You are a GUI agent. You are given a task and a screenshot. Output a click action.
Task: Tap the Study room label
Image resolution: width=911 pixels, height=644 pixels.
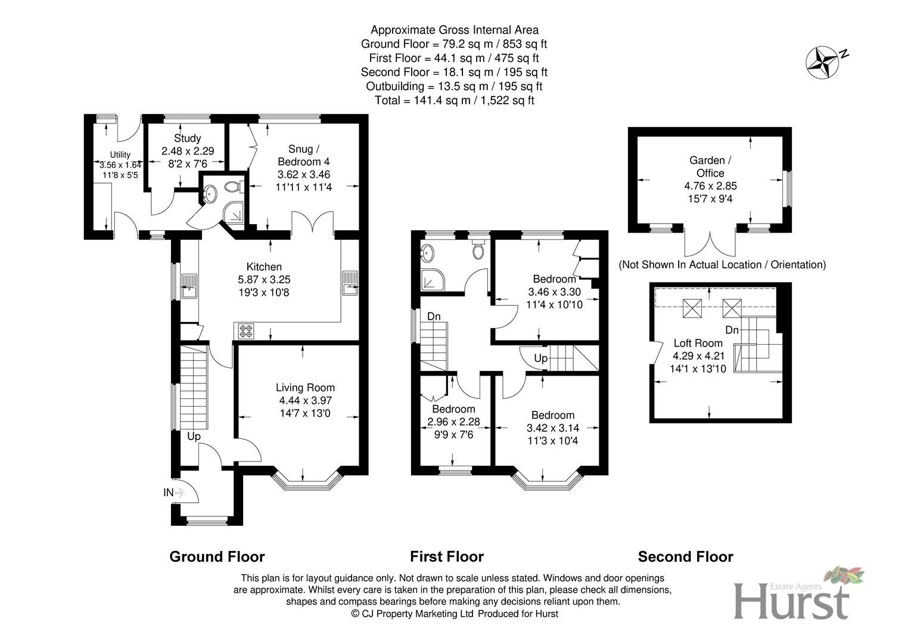click(x=187, y=138)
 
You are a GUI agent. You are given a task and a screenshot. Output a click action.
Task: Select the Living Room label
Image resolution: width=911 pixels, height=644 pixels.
click(x=305, y=388)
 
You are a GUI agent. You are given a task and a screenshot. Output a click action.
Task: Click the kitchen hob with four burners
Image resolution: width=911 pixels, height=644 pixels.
click(x=246, y=331)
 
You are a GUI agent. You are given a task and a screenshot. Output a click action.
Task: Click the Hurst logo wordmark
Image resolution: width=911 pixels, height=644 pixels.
click(x=791, y=601)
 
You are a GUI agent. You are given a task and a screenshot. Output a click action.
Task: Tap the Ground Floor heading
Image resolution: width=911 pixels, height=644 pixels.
click(x=217, y=556)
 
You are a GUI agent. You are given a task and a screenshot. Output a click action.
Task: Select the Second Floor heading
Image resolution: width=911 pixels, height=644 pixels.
click(x=685, y=556)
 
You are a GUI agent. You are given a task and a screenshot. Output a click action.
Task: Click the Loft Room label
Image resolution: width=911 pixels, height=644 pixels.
click(x=698, y=343)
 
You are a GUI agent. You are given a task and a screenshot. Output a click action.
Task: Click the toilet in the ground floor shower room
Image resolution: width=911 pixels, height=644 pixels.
click(x=232, y=187)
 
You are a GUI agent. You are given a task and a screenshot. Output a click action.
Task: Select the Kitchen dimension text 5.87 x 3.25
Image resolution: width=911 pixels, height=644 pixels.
click(x=264, y=280)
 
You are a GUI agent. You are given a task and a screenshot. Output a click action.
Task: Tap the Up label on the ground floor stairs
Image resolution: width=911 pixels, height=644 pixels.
click(x=194, y=436)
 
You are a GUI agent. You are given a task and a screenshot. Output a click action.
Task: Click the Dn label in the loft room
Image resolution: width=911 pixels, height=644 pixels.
click(x=731, y=330)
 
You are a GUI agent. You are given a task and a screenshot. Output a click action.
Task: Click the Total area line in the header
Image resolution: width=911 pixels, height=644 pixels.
click(x=454, y=100)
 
